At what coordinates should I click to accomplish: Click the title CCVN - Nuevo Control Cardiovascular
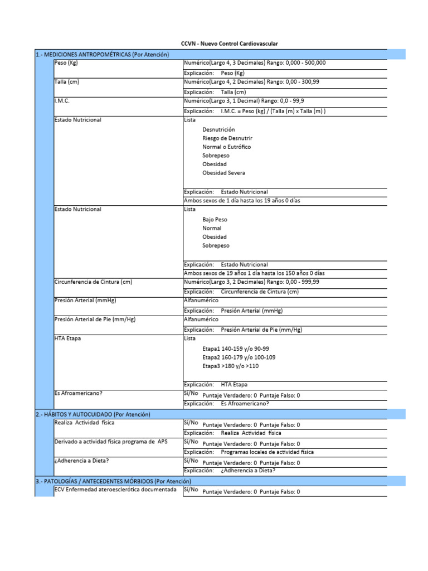click(x=230, y=43)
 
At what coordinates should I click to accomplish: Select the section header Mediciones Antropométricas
click(x=102, y=54)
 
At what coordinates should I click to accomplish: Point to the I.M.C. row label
click(x=62, y=101)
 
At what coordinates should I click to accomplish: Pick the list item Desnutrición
click(x=218, y=129)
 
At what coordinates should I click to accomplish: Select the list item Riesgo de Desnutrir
click(x=227, y=138)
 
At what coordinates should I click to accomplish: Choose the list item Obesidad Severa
click(x=224, y=173)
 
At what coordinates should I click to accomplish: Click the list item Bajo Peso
click(x=215, y=220)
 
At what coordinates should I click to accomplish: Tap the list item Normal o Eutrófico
click(x=227, y=147)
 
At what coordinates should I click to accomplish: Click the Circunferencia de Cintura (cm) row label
click(x=93, y=282)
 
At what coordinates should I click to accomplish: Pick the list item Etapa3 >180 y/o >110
click(x=231, y=366)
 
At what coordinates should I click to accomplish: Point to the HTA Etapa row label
click(x=67, y=338)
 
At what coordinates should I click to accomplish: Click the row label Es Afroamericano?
click(x=78, y=393)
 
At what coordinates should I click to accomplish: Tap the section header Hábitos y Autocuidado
click(x=93, y=414)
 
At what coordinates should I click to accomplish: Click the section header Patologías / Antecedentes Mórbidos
click(x=113, y=481)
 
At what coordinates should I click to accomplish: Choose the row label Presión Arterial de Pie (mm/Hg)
click(x=95, y=320)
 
